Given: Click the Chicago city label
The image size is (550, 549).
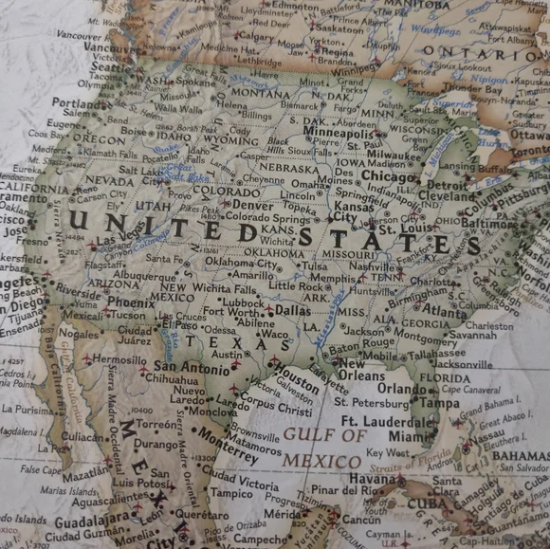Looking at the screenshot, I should tap(389, 176).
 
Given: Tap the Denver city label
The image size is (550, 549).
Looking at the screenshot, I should tap(252, 204).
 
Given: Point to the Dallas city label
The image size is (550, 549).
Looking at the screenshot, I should tap(292, 310).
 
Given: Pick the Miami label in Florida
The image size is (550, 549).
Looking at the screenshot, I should tap(409, 436).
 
